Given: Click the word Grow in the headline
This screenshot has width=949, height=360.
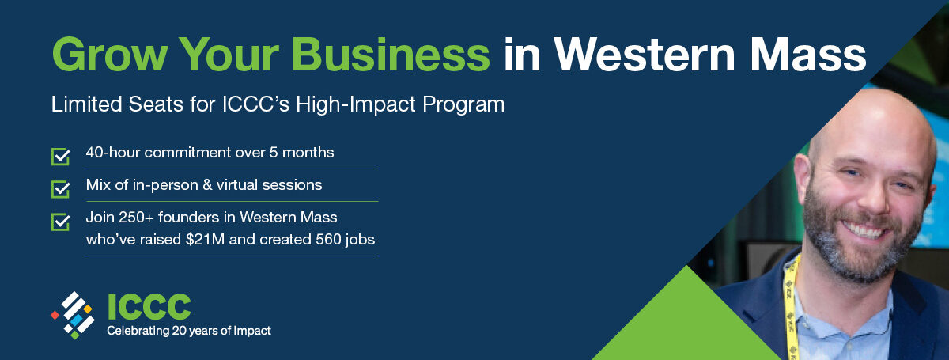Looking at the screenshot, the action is click(x=110, y=55).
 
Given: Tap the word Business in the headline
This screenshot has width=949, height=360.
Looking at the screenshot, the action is click(x=391, y=55).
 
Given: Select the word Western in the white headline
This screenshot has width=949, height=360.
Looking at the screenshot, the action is click(x=645, y=55).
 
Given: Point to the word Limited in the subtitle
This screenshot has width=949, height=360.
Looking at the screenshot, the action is click(x=86, y=104).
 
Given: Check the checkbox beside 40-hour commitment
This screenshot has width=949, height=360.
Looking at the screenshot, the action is click(x=60, y=157).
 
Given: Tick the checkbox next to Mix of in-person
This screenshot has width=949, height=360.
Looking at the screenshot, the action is click(x=60, y=189).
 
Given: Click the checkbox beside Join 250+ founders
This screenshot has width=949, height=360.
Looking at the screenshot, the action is click(x=60, y=222).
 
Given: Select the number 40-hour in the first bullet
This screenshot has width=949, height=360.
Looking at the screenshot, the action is click(x=112, y=152).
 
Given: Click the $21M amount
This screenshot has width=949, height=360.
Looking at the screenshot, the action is click(x=205, y=240).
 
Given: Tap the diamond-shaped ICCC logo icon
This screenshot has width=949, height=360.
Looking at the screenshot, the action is click(x=73, y=315).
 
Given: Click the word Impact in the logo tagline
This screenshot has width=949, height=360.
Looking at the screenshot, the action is click(x=253, y=332).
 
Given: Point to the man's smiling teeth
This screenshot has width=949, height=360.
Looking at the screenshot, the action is click(x=863, y=232).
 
